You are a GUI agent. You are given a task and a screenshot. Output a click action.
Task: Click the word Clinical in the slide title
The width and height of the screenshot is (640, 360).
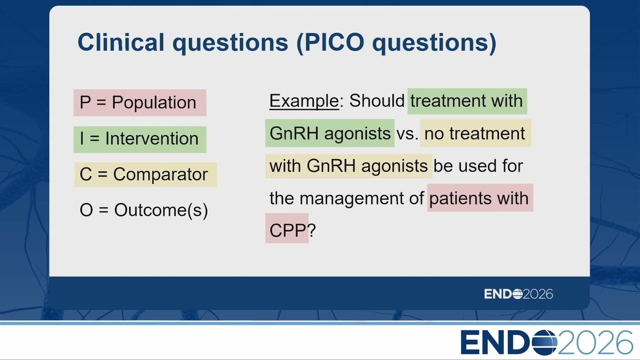tap(121, 42)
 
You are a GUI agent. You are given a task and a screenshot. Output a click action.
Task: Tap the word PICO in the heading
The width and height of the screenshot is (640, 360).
tap(334, 42)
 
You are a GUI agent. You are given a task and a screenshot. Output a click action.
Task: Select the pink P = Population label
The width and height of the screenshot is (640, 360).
tap(139, 102)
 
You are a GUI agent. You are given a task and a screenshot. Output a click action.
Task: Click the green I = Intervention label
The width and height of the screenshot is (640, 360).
tap(139, 139)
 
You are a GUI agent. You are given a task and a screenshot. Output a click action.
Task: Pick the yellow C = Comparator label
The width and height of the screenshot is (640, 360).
tap(145, 174)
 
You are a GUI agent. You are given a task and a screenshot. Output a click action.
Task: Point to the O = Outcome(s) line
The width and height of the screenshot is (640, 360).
tap(143, 210)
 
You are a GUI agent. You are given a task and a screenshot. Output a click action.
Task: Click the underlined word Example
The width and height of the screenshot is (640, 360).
tap(304, 101)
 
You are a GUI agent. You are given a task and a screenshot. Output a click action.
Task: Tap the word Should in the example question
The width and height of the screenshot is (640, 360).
tap(377, 100)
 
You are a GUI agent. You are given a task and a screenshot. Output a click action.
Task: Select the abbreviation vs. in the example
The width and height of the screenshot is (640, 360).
tap(407, 133)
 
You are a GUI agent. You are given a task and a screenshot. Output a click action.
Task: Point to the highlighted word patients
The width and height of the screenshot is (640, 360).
tap(460, 198)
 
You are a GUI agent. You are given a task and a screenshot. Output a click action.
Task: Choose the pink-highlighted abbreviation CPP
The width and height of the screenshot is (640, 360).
tap(287, 230)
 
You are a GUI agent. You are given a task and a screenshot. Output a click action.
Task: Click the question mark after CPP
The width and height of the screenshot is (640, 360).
tap(311, 230)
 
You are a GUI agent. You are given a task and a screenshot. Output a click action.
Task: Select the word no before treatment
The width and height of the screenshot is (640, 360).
tap(434, 133)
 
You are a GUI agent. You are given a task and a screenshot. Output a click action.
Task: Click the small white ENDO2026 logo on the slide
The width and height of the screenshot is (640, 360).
tap(518, 294)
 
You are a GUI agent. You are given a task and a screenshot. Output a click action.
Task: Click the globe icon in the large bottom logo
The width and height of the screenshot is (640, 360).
tap(544, 342)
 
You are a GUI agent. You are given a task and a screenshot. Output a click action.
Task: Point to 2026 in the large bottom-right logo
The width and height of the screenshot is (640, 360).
tap(595, 342)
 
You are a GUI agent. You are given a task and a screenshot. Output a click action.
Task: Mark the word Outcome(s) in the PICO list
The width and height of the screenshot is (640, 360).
tap(161, 210)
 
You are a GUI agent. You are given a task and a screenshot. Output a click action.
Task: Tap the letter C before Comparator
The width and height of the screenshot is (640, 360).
tap(85, 174)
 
